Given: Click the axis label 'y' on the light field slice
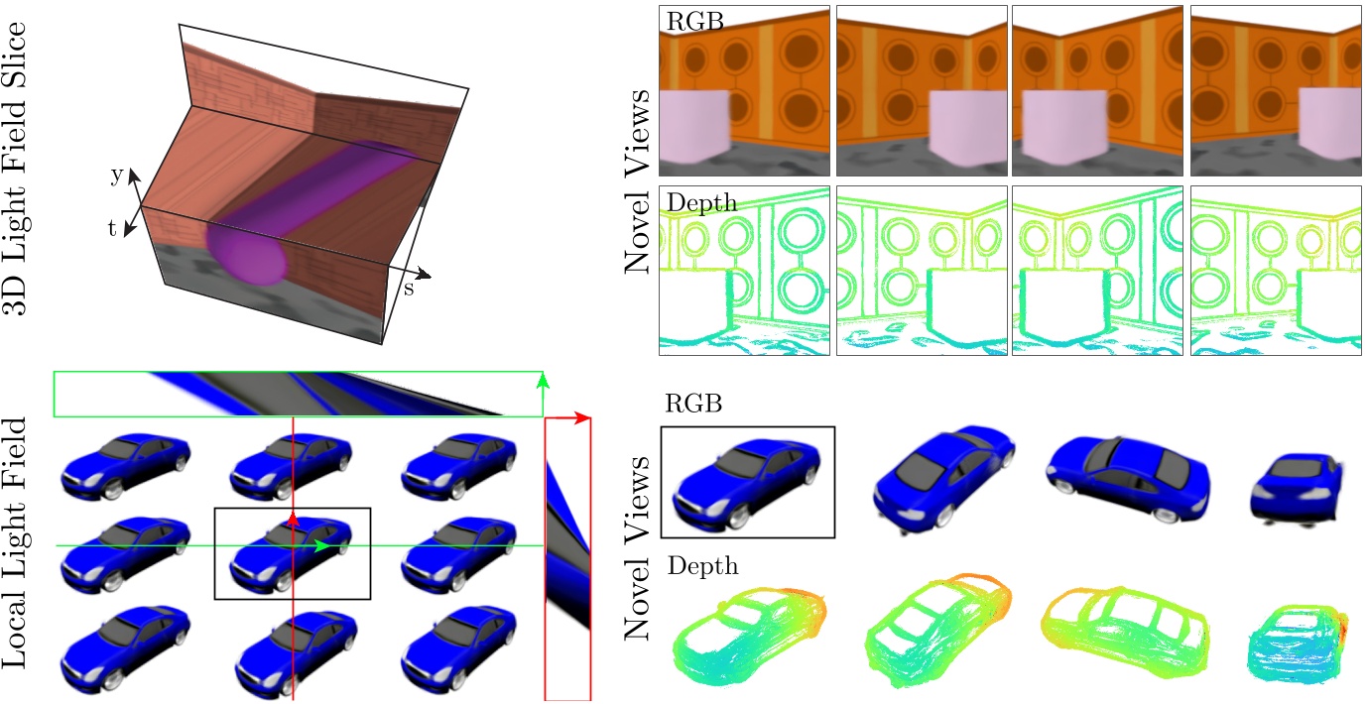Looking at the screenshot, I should tap(117, 176).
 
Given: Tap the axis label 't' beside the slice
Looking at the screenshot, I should tap(113, 228).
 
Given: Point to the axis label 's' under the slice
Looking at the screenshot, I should tap(409, 288).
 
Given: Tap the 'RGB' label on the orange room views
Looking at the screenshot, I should tap(690, 22).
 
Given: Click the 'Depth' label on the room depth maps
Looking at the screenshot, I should tap(702, 202).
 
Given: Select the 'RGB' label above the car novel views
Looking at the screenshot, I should tap(694, 404).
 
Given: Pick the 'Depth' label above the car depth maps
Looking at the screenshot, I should tap(703, 566).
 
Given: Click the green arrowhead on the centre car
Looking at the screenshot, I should tap(324, 545).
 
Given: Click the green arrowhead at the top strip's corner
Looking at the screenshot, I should tap(542, 379).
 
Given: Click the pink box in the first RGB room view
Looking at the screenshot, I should tap(696, 126).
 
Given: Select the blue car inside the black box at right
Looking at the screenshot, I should tap(747, 482).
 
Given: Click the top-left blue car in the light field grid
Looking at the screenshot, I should tap(125, 464).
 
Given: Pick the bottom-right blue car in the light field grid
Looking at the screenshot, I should tap(465, 647).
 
